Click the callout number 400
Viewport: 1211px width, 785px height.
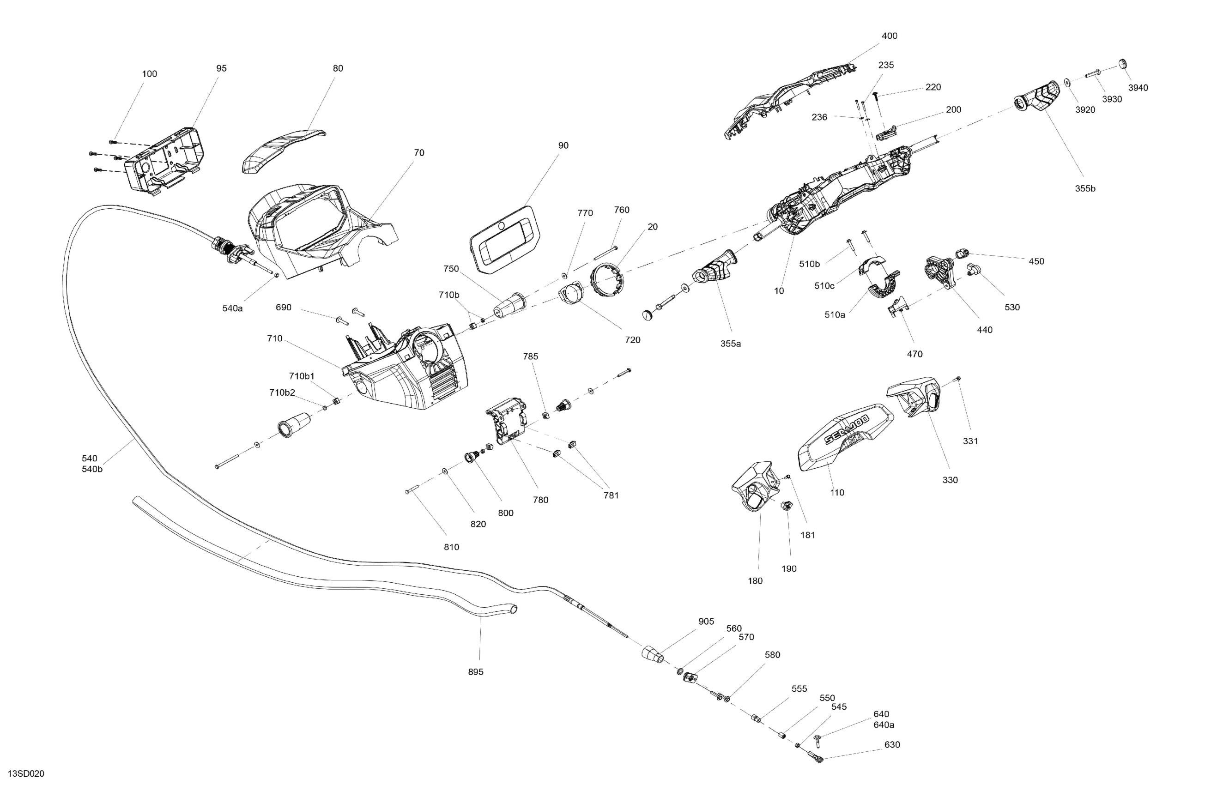pos(889,36)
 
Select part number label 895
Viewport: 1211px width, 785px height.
pos(475,671)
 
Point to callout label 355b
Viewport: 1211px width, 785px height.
pos(1085,188)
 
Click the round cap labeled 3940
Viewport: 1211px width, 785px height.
pos(1123,64)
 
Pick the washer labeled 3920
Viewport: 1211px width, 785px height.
pos(1067,82)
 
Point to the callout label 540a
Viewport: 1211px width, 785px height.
pos(232,308)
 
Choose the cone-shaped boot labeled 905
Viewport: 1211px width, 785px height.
pos(652,654)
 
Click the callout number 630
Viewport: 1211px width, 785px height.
pos(892,744)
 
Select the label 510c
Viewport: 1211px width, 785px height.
pos(824,285)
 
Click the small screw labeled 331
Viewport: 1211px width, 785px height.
pos(959,379)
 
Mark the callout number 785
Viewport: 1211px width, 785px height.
pos(530,356)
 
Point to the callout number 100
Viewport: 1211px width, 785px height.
pos(149,74)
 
